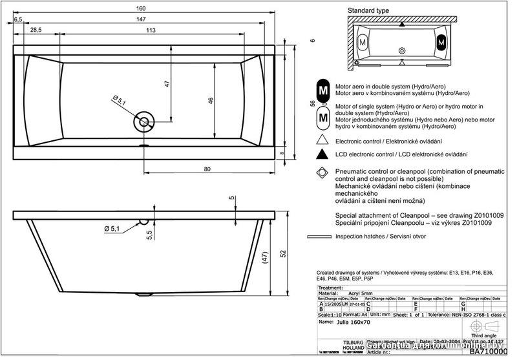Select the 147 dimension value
click(x=151, y=21)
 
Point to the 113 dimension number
click(x=151, y=31)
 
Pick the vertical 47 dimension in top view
click(x=166, y=83)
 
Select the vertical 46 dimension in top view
click(x=211, y=100)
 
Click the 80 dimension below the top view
click(x=208, y=169)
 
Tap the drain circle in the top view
click(x=143, y=121)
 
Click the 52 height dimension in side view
click(x=282, y=254)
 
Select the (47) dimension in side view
click(x=264, y=257)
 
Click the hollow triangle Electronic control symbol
click(x=321, y=140)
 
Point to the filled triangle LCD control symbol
click(x=321, y=155)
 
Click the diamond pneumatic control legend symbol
click(x=321, y=173)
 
